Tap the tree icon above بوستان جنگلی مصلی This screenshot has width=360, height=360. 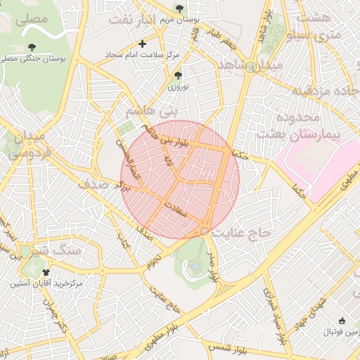point(32,47)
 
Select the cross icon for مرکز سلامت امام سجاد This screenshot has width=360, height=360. point(142,44)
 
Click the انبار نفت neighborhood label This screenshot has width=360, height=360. point(130,19)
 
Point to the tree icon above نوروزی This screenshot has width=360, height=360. point(178,75)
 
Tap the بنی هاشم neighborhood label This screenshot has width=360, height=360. point(149,111)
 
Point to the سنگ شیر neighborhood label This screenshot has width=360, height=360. point(56,250)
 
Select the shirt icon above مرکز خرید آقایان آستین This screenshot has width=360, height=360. point(46,272)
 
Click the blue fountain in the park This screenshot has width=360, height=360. point(194,266)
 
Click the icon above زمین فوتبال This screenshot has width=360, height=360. point(342,320)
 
